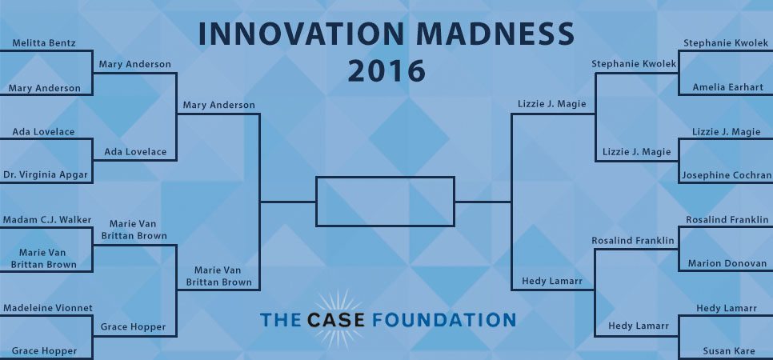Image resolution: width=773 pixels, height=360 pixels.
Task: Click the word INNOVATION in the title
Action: [301, 34]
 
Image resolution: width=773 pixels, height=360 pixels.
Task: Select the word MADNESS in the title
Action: [495, 34]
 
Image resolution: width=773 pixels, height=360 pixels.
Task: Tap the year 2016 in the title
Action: [386, 70]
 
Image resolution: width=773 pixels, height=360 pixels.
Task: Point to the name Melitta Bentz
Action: [44, 43]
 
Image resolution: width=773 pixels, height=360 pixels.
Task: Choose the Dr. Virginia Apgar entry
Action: [46, 174]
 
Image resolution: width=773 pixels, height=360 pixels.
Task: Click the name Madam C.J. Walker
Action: [47, 219]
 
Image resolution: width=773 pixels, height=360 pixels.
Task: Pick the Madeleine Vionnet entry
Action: [48, 308]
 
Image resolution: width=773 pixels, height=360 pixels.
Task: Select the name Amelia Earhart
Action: [727, 87]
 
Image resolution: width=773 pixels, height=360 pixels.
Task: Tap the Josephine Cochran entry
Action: [727, 175]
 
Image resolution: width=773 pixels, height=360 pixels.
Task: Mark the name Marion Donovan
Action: [727, 263]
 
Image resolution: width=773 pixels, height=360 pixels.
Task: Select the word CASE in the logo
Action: [336, 319]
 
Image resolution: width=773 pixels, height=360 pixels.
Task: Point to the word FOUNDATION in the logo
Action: [443, 319]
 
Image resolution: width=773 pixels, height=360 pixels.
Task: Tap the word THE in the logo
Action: [280, 319]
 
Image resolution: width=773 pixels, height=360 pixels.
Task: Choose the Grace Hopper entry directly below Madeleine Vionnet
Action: [44, 351]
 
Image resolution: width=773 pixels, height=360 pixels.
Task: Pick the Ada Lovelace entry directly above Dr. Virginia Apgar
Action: [43, 132]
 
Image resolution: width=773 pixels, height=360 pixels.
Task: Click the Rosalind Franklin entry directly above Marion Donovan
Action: [727, 219]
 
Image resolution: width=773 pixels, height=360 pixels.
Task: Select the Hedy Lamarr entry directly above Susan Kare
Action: [727, 308]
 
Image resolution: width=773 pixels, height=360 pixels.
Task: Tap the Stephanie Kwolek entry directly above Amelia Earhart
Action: [726, 43]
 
